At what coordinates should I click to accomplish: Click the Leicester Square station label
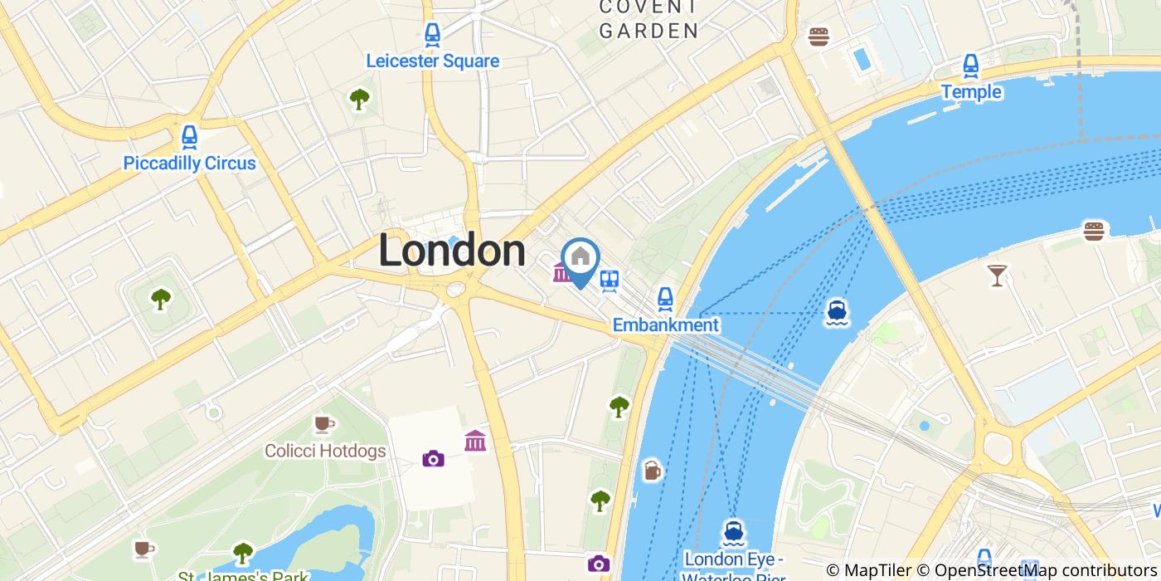[432, 61]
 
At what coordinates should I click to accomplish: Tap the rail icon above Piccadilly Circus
[189, 137]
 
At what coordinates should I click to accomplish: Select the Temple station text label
[971, 92]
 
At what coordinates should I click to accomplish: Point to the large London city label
[452, 251]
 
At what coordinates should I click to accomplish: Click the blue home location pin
[580, 259]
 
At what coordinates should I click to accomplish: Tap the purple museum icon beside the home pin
[561, 271]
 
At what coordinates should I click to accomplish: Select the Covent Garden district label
[649, 20]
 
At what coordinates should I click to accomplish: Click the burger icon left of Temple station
[819, 37]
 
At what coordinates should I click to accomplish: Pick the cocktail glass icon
[997, 275]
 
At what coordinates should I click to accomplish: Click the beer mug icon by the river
[653, 471]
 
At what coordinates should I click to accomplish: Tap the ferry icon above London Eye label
[732, 530]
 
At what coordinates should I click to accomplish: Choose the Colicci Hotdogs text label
[325, 452]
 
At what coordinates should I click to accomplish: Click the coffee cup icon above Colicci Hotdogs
[323, 425]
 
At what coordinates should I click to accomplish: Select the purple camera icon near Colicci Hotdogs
[433, 458]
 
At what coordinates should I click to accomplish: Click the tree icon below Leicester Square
[359, 100]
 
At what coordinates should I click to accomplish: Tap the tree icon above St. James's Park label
[242, 552]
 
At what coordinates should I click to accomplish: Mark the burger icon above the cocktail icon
[1095, 231]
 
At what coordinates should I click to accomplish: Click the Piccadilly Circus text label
[189, 163]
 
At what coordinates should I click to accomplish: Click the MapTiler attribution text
[868, 570]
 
